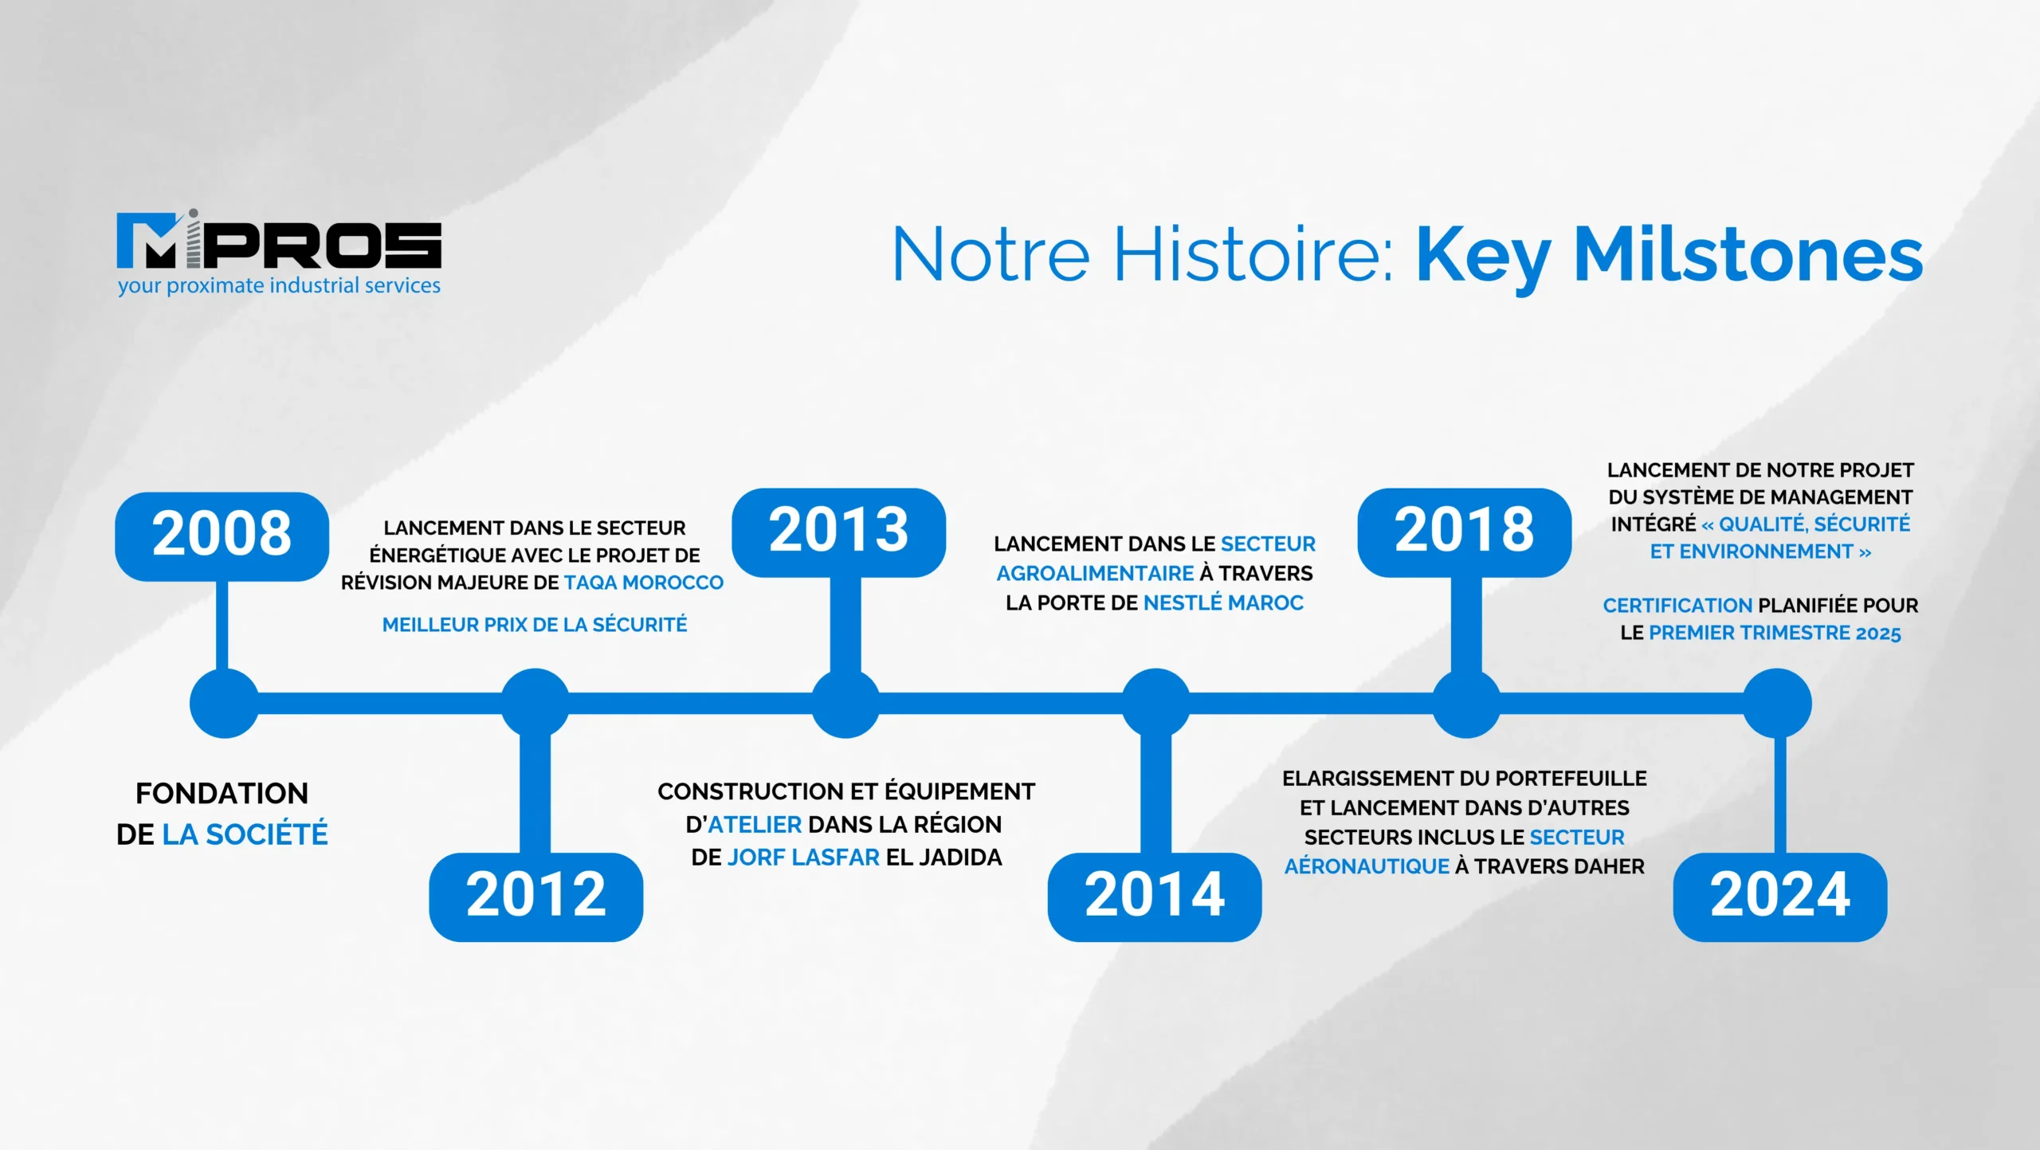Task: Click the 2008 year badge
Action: [222, 536]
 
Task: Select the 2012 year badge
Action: [536, 897]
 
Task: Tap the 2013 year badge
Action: [839, 532]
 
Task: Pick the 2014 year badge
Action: [1155, 897]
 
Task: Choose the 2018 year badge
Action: [1465, 532]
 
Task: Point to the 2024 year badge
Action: [1780, 897]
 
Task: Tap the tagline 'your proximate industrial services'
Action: [279, 285]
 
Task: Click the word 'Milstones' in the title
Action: [1748, 254]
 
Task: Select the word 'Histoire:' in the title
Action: [1253, 254]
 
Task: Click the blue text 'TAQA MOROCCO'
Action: [644, 583]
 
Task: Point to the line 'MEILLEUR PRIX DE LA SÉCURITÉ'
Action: [535, 624]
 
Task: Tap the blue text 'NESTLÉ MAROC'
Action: [1223, 602]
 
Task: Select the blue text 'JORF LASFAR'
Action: [803, 857]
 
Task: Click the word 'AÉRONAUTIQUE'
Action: [1367, 865]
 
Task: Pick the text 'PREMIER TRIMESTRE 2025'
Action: [1775, 633]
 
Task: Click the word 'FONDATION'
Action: [222, 794]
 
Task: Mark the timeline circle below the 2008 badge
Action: [224, 703]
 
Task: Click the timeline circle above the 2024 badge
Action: [1777, 703]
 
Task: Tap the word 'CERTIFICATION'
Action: [1677, 606]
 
